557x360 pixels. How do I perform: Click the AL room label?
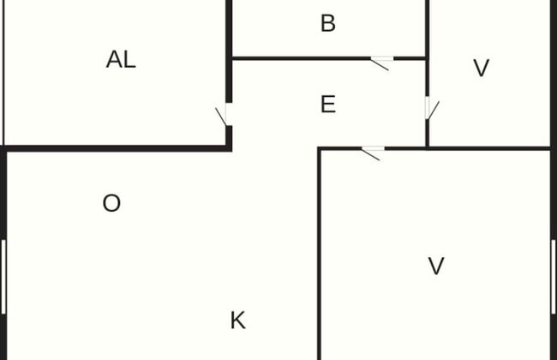(x=121, y=59)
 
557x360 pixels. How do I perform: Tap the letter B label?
(x=328, y=23)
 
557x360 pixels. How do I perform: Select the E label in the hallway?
(x=328, y=104)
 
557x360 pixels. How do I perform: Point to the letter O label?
(x=111, y=203)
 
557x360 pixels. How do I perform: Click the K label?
(x=237, y=321)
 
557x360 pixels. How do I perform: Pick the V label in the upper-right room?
(x=482, y=68)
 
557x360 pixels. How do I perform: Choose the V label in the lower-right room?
(x=436, y=266)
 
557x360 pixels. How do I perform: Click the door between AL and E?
(x=224, y=115)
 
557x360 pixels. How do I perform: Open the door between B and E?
(x=381, y=63)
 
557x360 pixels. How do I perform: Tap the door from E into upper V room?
(x=432, y=108)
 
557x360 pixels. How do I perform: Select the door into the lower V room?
(x=372, y=153)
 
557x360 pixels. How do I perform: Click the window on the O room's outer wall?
(x=3, y=277)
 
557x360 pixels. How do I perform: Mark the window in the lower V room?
(x=554, y=277)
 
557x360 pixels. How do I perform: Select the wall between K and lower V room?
(x=320, y=255)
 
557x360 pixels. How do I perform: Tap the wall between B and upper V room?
(x=427, y=29)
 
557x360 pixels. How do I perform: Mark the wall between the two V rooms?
(x=488, y=148)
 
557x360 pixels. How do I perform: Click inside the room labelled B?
(x=328, y=28)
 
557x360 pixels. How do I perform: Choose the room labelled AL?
(x=115, y=73)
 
